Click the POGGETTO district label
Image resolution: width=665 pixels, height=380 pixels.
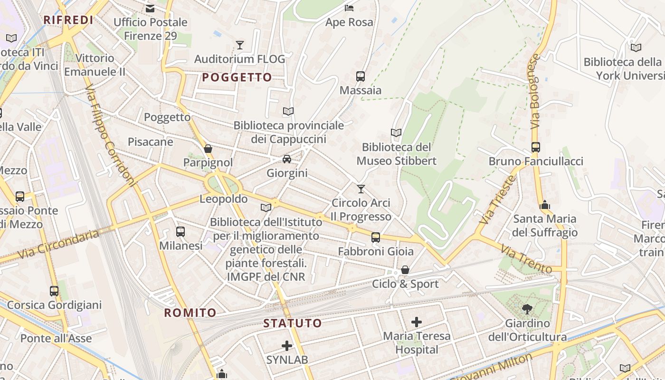click(237, 77)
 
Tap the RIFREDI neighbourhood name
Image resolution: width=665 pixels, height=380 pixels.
click(68, 20)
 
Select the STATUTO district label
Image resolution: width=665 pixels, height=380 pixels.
click(293, 323)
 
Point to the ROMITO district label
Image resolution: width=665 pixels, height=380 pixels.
click(190, 313)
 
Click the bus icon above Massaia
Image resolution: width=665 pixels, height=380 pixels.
click(361, 76)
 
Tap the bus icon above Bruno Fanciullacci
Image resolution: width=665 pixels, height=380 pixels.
click(536, 147)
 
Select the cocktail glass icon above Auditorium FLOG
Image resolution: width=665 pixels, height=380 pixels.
click(240, 45)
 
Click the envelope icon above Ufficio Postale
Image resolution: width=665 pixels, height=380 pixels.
click(151, 8)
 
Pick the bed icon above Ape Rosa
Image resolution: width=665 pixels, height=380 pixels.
click(349, 8)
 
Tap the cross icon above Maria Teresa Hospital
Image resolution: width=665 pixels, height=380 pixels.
click(417, 322)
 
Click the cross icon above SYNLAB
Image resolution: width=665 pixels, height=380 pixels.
click(287, 345)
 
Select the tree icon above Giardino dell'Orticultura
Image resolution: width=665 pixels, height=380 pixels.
click(527, 309)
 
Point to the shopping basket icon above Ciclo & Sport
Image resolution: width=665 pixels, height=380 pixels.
click(405, 270)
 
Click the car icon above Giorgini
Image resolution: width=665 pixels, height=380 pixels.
click(287, 159)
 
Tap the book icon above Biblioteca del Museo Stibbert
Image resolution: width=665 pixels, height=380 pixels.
click(396, 133)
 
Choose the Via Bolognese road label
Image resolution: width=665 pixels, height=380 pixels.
click(535, 91)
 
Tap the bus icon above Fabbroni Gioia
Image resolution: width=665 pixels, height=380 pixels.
click(376, 237)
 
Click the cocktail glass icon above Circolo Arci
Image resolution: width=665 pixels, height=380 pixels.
click(361, 189)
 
